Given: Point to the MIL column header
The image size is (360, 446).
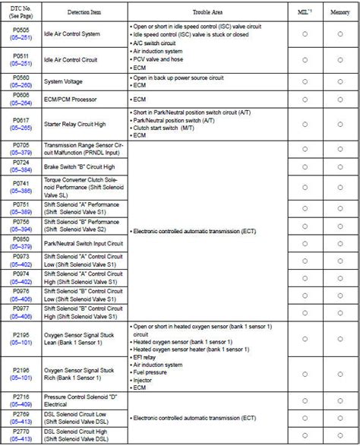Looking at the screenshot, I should click(303, 13).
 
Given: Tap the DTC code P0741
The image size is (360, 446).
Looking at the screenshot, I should click(21, 184).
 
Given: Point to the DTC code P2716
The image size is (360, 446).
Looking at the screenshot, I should click(21, 397).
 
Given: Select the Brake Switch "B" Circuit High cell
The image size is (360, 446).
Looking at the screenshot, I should click(79, 166).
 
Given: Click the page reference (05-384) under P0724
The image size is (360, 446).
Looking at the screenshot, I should click(21, 169).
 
